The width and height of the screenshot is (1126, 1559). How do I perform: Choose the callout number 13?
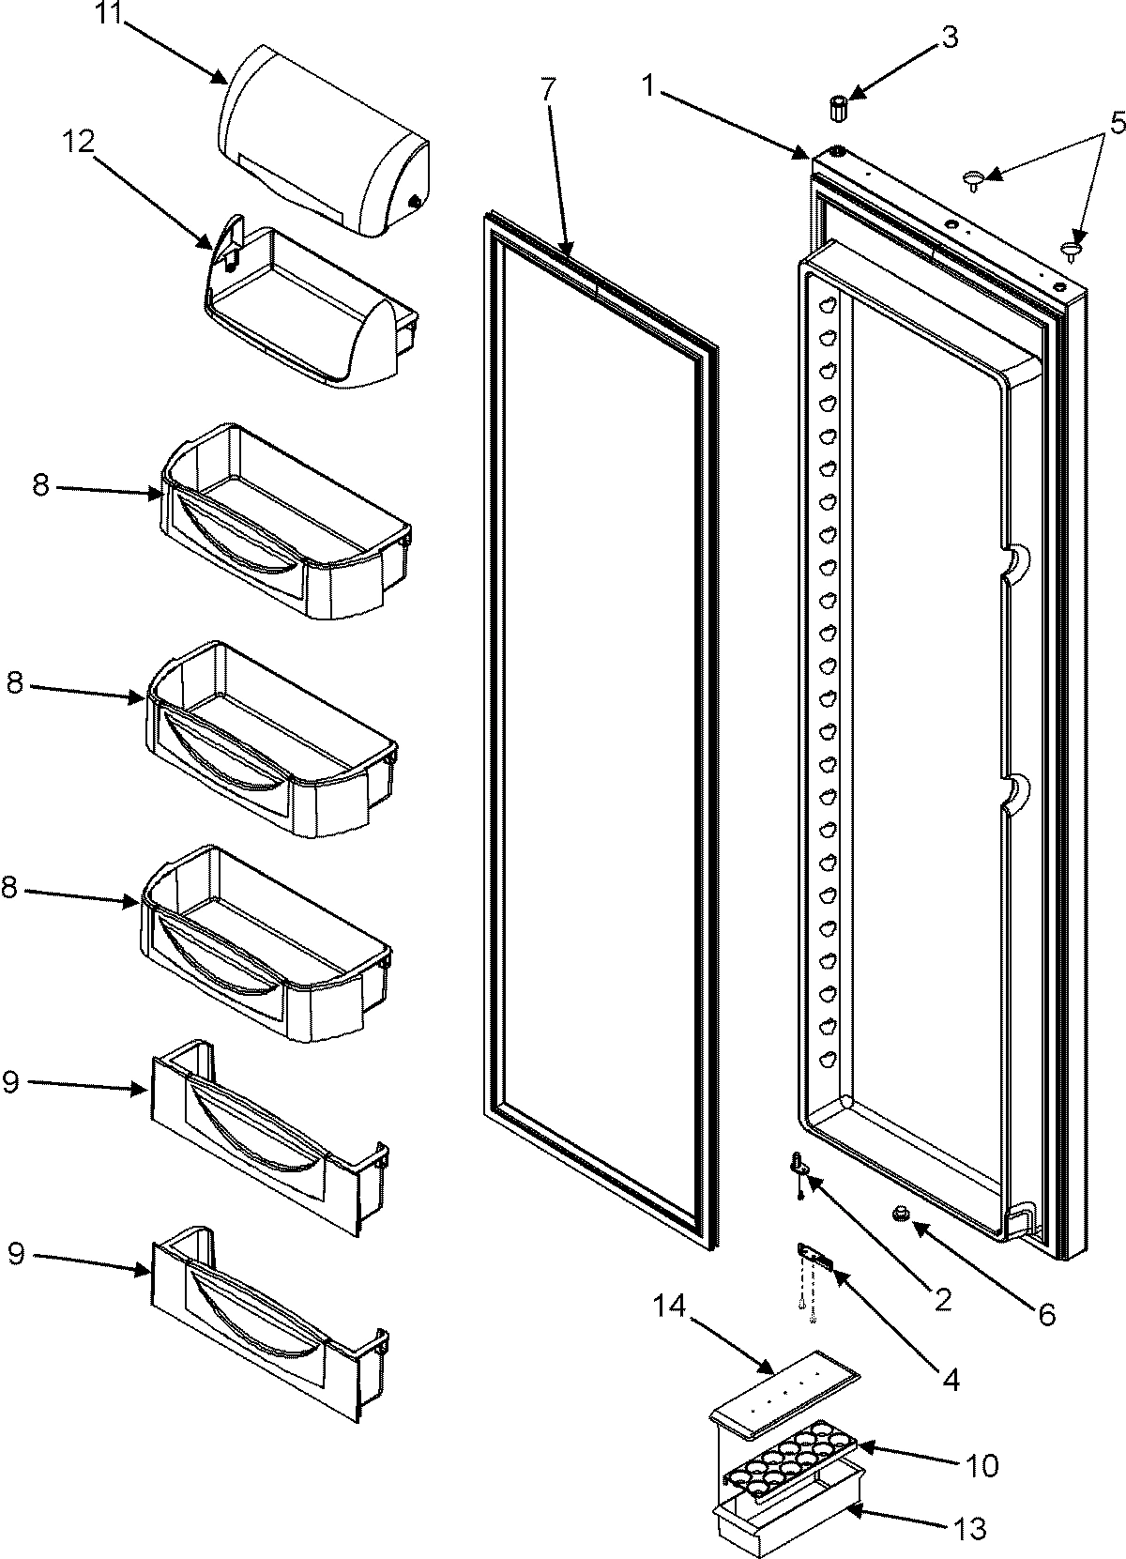(x=970, y=1529)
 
